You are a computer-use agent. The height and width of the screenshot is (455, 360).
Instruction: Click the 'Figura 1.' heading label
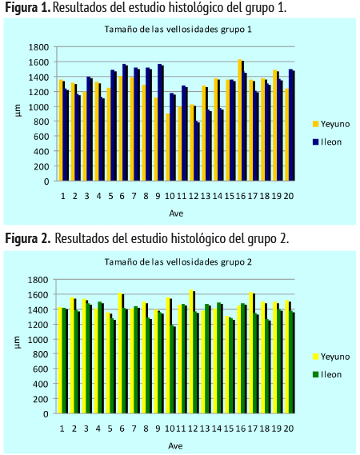click(28, 8)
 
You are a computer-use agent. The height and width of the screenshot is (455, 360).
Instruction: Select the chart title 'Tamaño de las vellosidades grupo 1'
click(178, 30)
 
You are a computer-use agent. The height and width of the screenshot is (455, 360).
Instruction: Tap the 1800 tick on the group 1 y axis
click(38, 47)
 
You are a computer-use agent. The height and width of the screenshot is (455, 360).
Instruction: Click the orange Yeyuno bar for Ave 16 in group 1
click(240, 120)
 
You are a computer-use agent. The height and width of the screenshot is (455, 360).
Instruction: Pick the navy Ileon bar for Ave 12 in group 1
click(197, 151)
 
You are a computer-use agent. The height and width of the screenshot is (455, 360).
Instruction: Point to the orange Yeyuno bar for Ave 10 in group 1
click(168, 147)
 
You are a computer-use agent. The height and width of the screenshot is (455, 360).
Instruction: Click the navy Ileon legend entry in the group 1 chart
click(327, 142)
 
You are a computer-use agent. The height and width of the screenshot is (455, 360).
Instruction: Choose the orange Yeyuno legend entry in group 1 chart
click(331, 124)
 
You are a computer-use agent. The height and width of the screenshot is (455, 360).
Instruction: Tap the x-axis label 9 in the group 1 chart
click(158, 197)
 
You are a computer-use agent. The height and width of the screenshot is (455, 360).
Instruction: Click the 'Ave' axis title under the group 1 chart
click(176, 214)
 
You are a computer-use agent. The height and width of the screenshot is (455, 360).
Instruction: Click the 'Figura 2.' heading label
click(28, 238)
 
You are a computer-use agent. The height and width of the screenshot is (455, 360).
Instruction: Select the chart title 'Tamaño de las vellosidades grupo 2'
click(178, 262)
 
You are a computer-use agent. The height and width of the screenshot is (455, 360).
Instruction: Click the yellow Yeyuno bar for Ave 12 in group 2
click(191, 351)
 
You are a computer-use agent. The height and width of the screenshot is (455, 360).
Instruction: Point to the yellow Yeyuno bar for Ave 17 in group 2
click(251, 353)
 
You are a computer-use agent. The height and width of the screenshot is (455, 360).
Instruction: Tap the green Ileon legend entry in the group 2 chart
click(327, 374)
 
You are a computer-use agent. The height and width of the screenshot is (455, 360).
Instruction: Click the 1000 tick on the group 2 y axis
click(38, 339)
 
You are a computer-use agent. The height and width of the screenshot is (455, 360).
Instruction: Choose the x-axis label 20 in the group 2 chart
click(289, 429)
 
